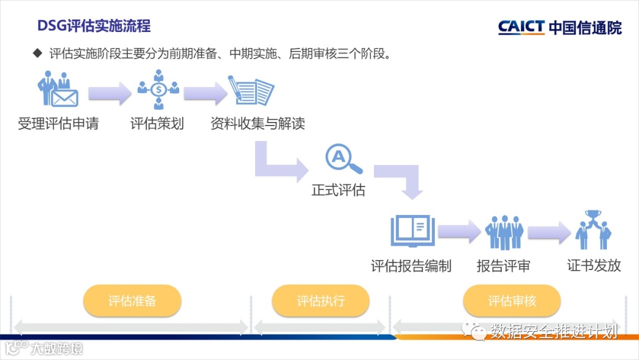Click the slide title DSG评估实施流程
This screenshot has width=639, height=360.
pos(93,26)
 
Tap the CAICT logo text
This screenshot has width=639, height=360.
pos(521,27)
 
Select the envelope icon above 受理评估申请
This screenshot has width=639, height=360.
pos(64,97)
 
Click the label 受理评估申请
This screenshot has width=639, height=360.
pos(58,124)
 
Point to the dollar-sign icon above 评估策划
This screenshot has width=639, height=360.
pos(159,90)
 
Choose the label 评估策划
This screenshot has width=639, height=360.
pos(157,124)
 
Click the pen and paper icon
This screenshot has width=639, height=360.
pos(251,91)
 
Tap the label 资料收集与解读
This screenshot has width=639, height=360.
pos(258,124)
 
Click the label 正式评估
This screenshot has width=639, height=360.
pos(338,191)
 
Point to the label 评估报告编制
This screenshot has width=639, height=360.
pos(411,266)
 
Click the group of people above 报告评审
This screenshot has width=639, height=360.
pos(504,232)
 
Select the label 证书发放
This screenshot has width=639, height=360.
pos(594,265)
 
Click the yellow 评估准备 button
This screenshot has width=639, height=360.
pos(132,301)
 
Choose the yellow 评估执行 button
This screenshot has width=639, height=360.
pos(321,301)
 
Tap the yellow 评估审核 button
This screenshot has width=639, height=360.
pos(512,301)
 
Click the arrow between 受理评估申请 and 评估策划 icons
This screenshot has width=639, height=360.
pos(109,94)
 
